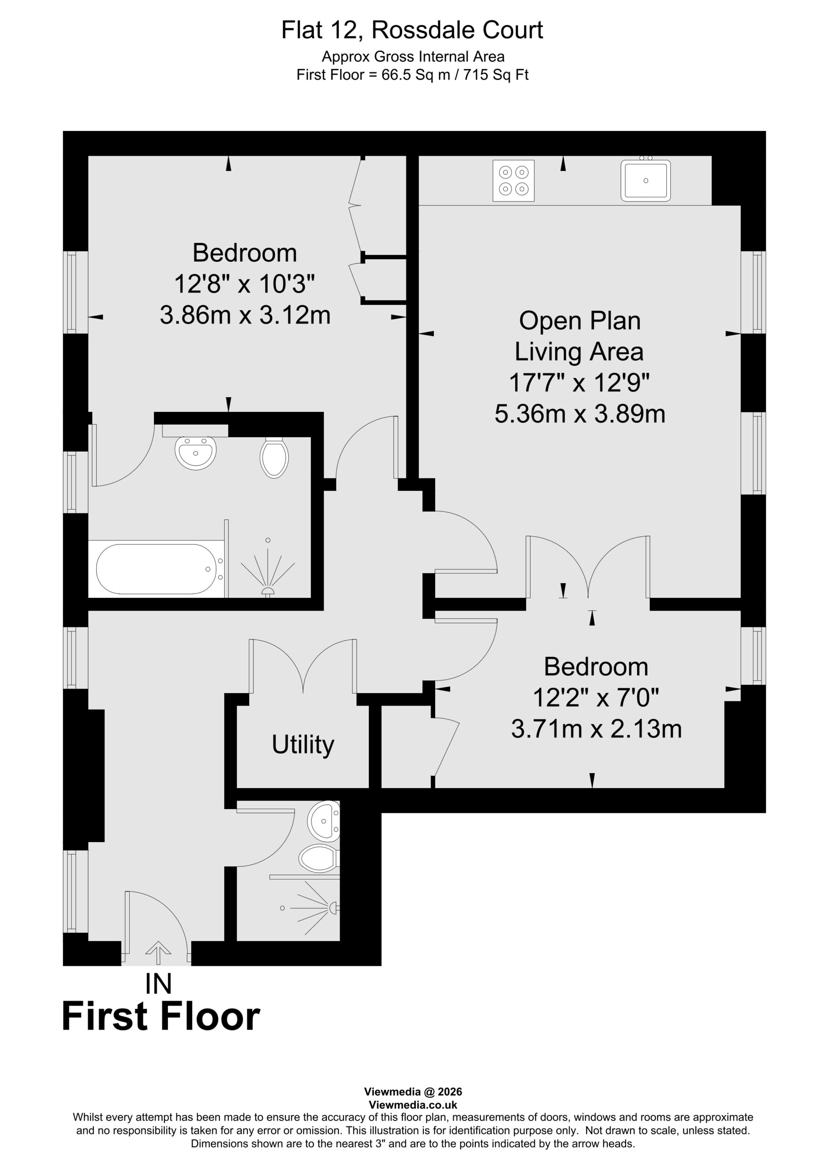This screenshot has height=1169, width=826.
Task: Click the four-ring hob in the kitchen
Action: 513,180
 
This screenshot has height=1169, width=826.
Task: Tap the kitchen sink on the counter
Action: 645,180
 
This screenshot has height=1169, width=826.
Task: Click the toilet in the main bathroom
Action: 274,457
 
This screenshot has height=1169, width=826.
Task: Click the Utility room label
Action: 303,745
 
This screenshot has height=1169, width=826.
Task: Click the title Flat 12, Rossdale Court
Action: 412,30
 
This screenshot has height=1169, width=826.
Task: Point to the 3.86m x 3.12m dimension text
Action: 245,315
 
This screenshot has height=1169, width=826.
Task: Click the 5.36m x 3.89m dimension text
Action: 580,414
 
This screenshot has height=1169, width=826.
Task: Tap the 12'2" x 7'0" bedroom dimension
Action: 596,698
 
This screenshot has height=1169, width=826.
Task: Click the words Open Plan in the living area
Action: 579,321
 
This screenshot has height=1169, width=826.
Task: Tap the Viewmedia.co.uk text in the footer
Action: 413,1105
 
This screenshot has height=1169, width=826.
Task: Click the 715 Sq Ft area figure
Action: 496,75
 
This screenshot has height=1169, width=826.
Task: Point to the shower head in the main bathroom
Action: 268,590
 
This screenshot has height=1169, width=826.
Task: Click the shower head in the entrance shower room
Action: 334,907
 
